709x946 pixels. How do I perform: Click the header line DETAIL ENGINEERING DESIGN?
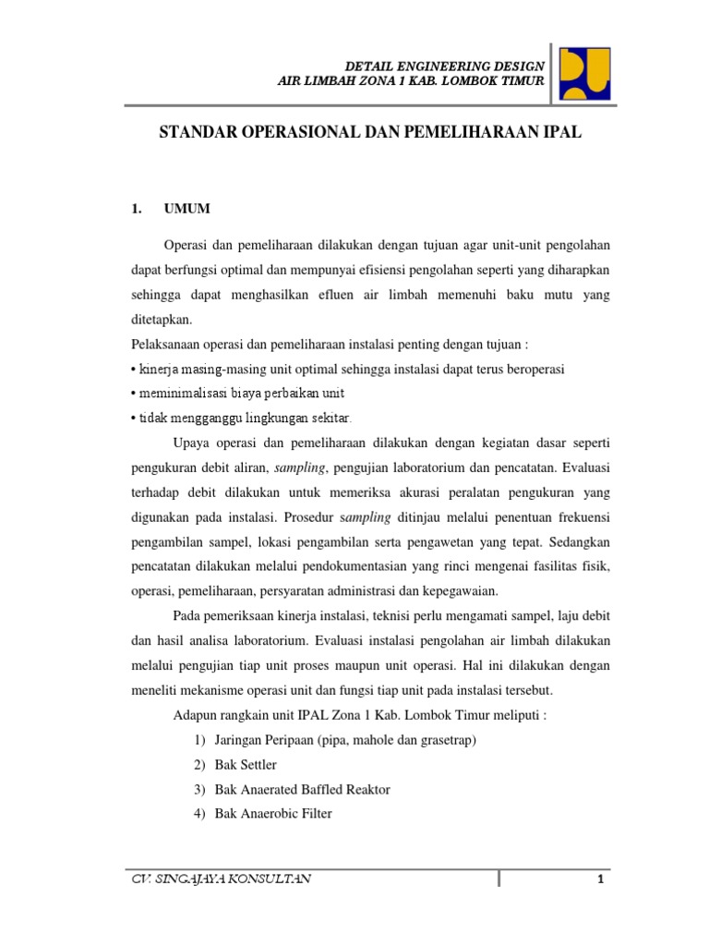pos(444,67)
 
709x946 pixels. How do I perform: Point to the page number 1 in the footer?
pos(600,879)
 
